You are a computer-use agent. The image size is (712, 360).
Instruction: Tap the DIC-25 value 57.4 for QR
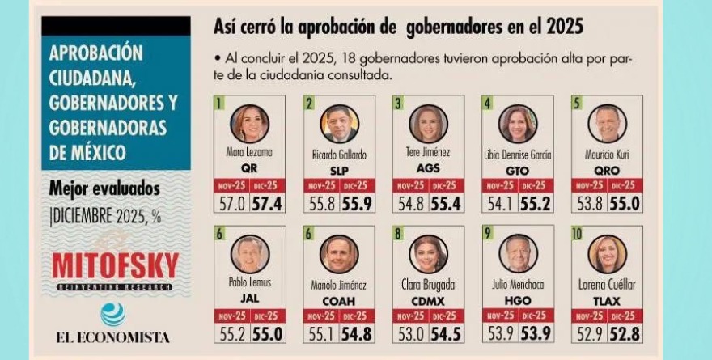click(267, 203)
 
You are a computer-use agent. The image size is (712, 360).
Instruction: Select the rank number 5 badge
click(576, 103)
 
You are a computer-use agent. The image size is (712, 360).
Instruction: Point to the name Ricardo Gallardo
click(339, 155)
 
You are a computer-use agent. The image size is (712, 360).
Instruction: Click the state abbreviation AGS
click(428, 169)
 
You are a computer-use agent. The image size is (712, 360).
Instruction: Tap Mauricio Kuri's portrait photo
click(607, 124)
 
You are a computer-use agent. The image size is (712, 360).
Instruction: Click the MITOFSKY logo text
click(115, 265)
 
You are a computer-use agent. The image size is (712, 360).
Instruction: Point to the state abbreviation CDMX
click(428, 300)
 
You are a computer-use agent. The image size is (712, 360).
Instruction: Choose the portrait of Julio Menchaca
click(517, 254)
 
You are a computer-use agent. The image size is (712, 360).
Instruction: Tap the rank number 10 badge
click(578, 234)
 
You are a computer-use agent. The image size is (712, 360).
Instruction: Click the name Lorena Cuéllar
click(607, 285)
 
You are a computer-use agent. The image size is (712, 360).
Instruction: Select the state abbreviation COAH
click(339, 300)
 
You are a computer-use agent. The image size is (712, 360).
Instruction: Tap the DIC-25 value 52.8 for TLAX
click(625, 333)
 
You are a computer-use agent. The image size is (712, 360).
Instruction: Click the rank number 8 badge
click(397, 234)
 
